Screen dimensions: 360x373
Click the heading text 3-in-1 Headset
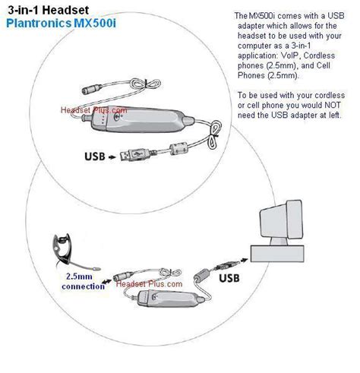48,10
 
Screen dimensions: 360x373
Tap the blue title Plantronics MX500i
61,24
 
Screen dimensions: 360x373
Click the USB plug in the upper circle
134,154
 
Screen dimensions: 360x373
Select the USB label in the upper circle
95,156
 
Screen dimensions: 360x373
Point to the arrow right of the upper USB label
112,157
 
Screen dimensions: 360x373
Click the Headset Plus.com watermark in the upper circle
94,110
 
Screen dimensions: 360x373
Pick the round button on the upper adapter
117,116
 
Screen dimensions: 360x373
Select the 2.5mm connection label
83,281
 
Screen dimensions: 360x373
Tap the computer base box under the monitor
277,254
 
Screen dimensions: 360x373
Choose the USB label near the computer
229,278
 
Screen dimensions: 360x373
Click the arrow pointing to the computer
244,260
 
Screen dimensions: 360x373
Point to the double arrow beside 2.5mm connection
106,281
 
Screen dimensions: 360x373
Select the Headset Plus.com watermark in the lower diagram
149,284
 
